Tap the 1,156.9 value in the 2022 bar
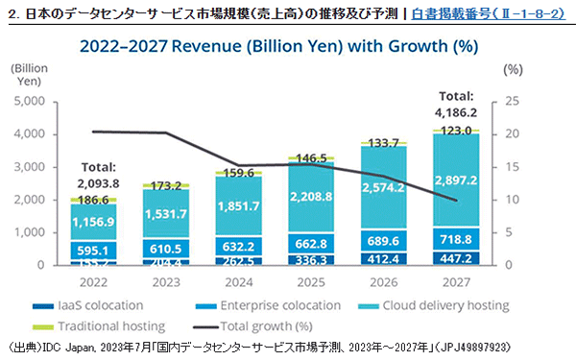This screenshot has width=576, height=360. point(94,221)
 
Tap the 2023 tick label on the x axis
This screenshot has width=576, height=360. point(168,284)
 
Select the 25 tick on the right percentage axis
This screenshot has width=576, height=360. point(513,101)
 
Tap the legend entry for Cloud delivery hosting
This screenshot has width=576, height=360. point(430,306)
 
